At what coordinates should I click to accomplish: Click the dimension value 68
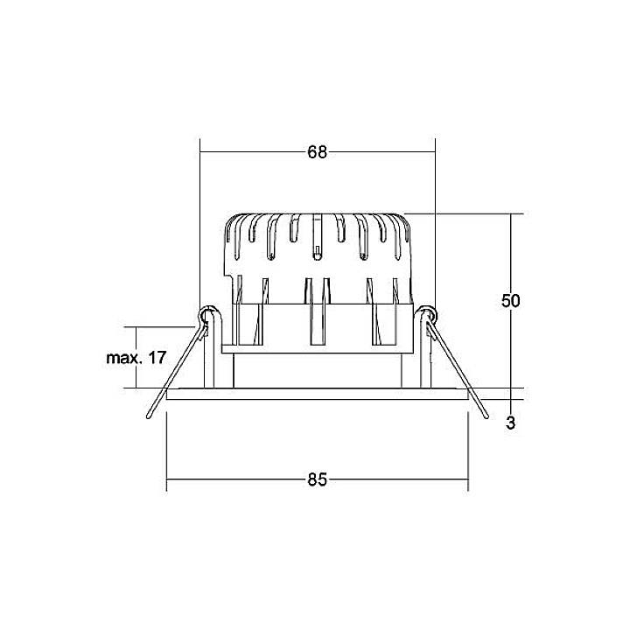[x=317, y=152]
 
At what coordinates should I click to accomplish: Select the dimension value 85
[x=317, y=479]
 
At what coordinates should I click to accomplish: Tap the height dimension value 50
[x=511, y=301]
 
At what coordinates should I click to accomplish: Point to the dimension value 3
[x=511, y=424]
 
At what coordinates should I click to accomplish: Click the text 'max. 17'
[x=136, y=358]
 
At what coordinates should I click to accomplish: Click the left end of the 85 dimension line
[x=167, y=479]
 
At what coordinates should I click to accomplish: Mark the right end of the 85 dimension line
[x=468, y=479]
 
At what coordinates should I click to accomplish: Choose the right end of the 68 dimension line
[x=434, y=152]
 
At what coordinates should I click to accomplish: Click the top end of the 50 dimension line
[x=511, y=214]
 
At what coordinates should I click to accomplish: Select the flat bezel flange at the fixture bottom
[x=317, y=395]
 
